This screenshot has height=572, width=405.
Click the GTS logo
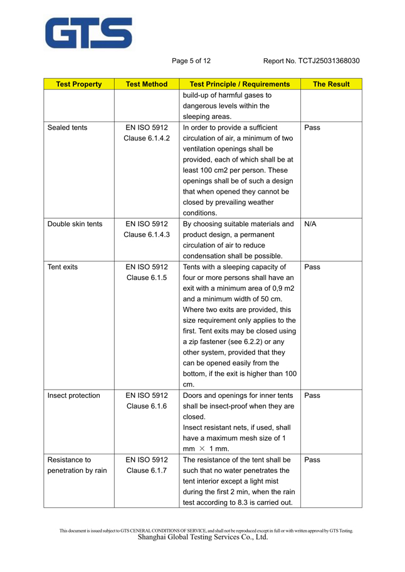click(88, 33)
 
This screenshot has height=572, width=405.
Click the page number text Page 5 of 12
click(191, 61)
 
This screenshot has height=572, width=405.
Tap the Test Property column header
click(79, 84)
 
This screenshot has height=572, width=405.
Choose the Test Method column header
click(147, 84)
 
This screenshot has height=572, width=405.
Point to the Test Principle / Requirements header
click(239, 84)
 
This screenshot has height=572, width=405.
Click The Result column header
click(331, 84)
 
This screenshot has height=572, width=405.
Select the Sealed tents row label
click(68, 127)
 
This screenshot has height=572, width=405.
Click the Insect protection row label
click(74, 395)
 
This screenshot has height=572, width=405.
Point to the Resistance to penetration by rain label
click(76, 465)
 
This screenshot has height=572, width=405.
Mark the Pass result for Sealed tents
click(312, 127)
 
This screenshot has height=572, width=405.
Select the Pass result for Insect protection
click(312, 395)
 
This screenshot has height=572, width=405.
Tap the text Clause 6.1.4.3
click(147, 234)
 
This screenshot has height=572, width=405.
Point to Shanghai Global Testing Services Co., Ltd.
click(202, 537)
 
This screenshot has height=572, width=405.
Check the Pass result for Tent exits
click(312, 267)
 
